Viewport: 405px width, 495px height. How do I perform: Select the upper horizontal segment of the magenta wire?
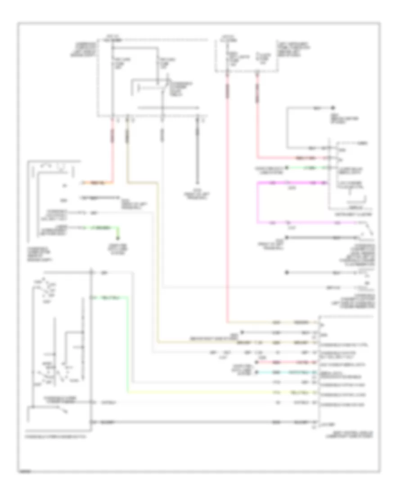[x=292, y=183]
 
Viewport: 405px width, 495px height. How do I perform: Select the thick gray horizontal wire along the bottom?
[x=202, y=422]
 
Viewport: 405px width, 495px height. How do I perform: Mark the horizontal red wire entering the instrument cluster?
[x=292, y=158]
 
